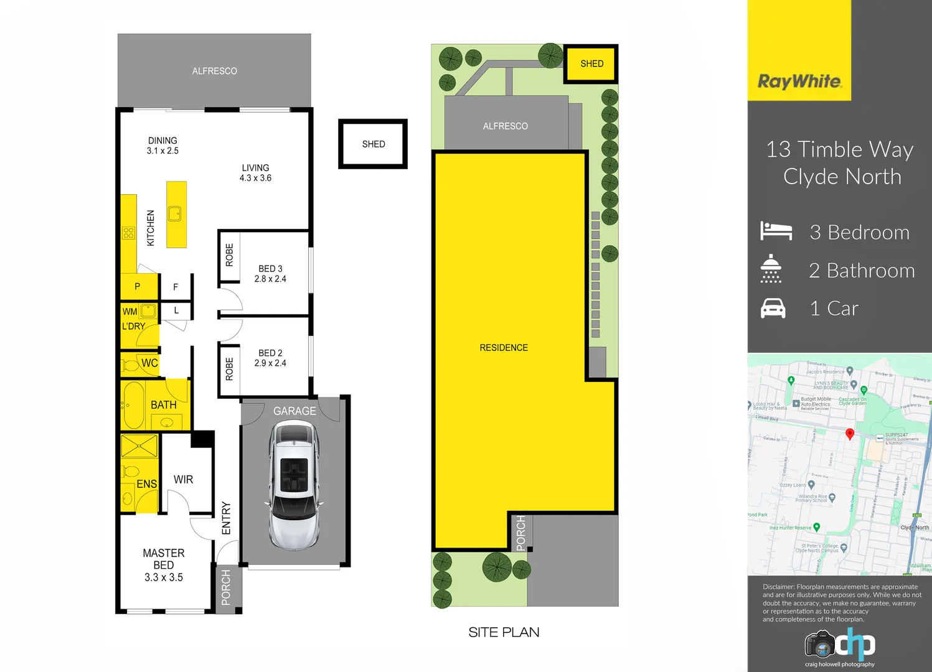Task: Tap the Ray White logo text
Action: pos(799,82)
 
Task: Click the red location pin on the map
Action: pos(849,434)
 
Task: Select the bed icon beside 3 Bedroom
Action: pos(776,231)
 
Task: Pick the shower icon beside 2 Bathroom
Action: pos(771,269)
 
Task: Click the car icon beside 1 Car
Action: pos(773,309)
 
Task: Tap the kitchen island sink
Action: pos(175,213)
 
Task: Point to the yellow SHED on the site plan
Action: pos(591,63)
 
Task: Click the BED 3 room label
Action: pos(270,269)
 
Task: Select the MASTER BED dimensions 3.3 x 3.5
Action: pos(164,577)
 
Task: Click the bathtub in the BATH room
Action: pos(133,406)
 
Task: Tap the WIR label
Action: pos(183,480)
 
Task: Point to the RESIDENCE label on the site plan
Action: pos(503,348)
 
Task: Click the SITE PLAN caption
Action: pos(504,632)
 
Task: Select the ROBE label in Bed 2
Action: pos(229,369)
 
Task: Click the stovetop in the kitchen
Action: pos(128,233)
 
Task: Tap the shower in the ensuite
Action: pos(139,446)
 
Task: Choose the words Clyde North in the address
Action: pos(842,177)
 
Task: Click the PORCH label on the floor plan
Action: pos(226,587)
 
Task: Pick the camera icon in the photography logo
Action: pos(819,645)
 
